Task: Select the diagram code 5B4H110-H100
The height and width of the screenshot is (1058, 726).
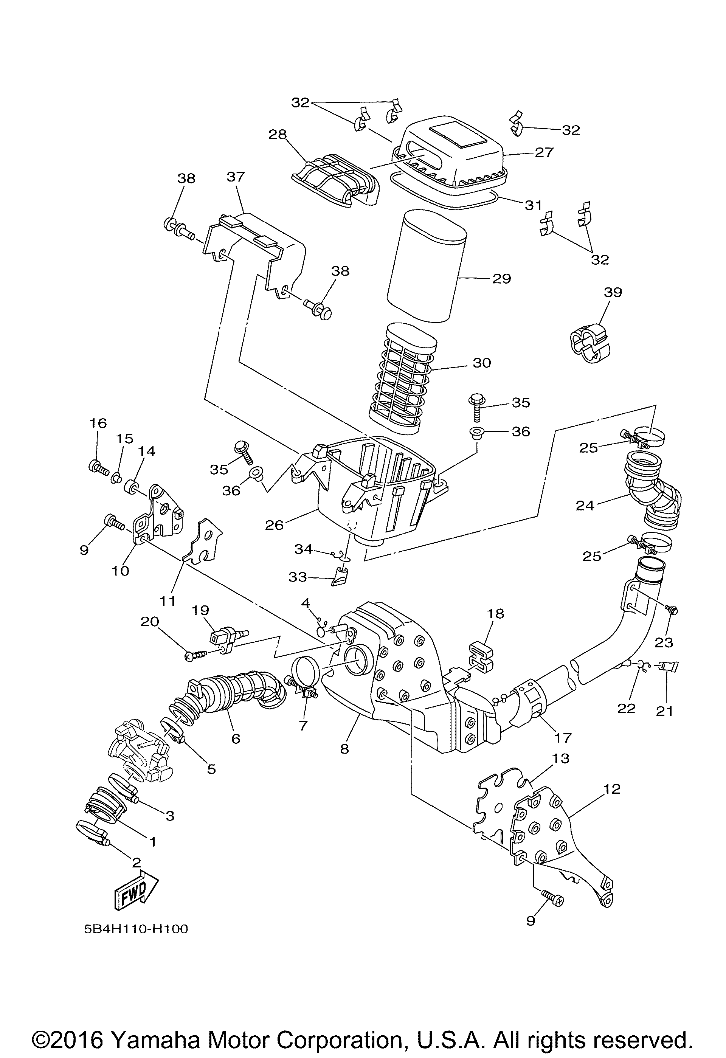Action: coord(136,929)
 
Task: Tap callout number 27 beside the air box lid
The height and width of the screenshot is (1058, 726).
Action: coord(544,152)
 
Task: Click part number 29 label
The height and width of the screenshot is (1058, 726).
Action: coord(502,278)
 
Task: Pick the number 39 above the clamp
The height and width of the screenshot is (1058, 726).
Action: coord(613,292)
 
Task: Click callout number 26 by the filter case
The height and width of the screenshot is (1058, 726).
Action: coord(275,525)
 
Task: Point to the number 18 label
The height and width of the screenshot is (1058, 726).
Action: coord(496,614)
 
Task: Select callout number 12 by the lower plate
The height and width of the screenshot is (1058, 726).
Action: coord(613,788)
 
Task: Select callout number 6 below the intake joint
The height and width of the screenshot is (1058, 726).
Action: coord(235,738)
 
